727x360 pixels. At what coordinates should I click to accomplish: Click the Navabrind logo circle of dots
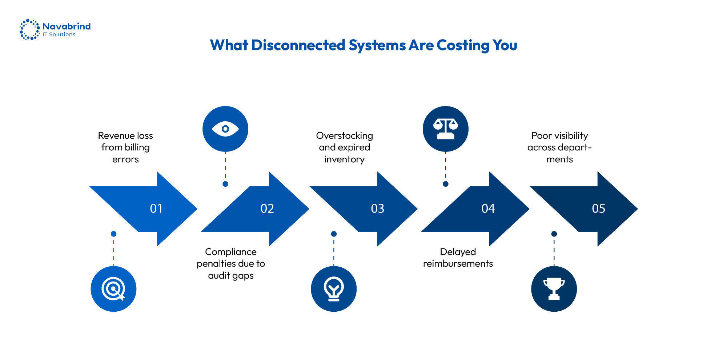(29, 29)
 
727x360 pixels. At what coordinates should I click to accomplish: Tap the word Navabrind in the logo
(67, 27)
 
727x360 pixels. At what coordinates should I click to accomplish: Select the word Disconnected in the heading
(298, 45)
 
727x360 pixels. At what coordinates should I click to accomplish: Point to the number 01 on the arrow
(156, 209)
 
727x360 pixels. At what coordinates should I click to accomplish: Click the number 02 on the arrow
(267, 209)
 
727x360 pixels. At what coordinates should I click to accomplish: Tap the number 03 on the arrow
(378, 209)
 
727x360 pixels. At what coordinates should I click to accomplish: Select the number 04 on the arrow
(488, 209)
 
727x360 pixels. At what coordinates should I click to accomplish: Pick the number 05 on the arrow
(599, 209)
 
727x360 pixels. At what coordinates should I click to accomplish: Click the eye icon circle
(225, 129)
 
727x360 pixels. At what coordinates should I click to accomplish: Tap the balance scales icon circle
(446, 129)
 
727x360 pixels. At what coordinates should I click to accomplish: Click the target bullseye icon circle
(113, 289)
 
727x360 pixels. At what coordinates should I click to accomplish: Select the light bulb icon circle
(334, 289)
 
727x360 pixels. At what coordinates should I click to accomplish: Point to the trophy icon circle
(554, 289)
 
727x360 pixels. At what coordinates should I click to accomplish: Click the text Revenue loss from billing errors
(125, 147)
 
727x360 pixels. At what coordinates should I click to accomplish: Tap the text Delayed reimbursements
(458, 258)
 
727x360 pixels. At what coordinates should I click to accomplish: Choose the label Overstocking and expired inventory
(345, 147)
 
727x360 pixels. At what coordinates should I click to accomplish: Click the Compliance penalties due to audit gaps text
(231, 264)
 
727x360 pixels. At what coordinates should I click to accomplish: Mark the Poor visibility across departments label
(560, 147)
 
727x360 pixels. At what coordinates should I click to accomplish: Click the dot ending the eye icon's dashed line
(225, 184)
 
